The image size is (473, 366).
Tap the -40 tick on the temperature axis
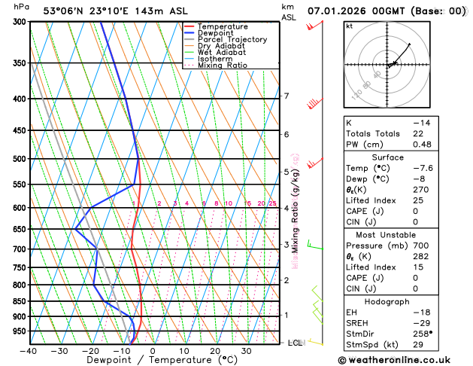pyautogui.click(x=29, y=351)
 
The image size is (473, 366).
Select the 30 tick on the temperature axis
pyautogui.click(x=246, y=351)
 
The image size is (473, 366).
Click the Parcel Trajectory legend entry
pyautogui.click(x=232, y=39)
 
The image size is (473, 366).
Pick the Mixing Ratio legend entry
pyautogui.click(x=222, y=65)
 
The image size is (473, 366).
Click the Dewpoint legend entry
pyautogui.click(x=216, y=33)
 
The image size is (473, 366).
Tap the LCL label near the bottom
pyautogui.click(x=296, y=343)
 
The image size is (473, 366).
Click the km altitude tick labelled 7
pyautogui.click(x=287, y=96)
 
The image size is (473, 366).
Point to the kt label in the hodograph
pyautogui.click(x=349, y=26)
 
